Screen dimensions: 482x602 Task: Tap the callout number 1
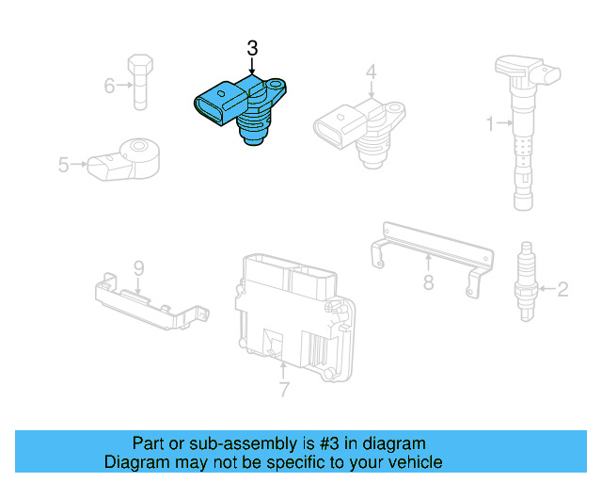click(489, 122)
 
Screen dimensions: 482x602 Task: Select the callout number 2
click(562, 289)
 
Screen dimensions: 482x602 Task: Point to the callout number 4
click(371, 72)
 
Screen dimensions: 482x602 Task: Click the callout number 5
click(64, 165)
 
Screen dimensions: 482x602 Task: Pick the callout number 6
click(109, 87)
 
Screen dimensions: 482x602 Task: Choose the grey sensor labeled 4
click(357, 127)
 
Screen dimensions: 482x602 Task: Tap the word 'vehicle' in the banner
click(415, 462)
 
